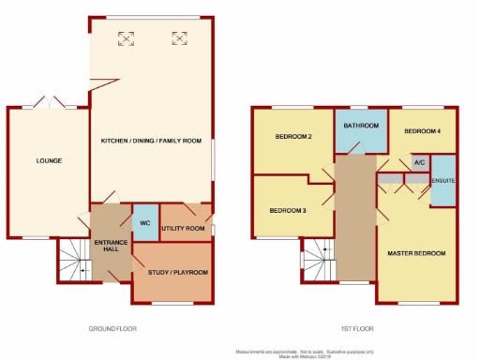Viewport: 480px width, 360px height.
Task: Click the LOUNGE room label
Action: tap(50, 160)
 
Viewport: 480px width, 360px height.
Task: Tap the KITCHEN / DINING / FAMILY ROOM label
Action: tap(152, 141)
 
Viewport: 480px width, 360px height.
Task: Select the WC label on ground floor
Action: tap(144, 224)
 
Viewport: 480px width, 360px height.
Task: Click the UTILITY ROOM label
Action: tap(184, 229)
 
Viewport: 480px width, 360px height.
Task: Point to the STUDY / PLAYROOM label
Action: tap(177, 273)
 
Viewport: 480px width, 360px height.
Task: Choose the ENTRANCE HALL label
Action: tap(111, 247)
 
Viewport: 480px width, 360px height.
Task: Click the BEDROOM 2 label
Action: tap(292, 138)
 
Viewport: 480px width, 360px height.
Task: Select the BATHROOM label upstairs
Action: tap(361, 126)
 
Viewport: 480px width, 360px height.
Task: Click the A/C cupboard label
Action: tap(418, 163)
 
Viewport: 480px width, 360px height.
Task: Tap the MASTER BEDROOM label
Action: tap(417, 254)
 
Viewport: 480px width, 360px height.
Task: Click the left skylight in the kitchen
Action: tap(125, 38)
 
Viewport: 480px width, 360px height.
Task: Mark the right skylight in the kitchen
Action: tap(178, 38)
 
